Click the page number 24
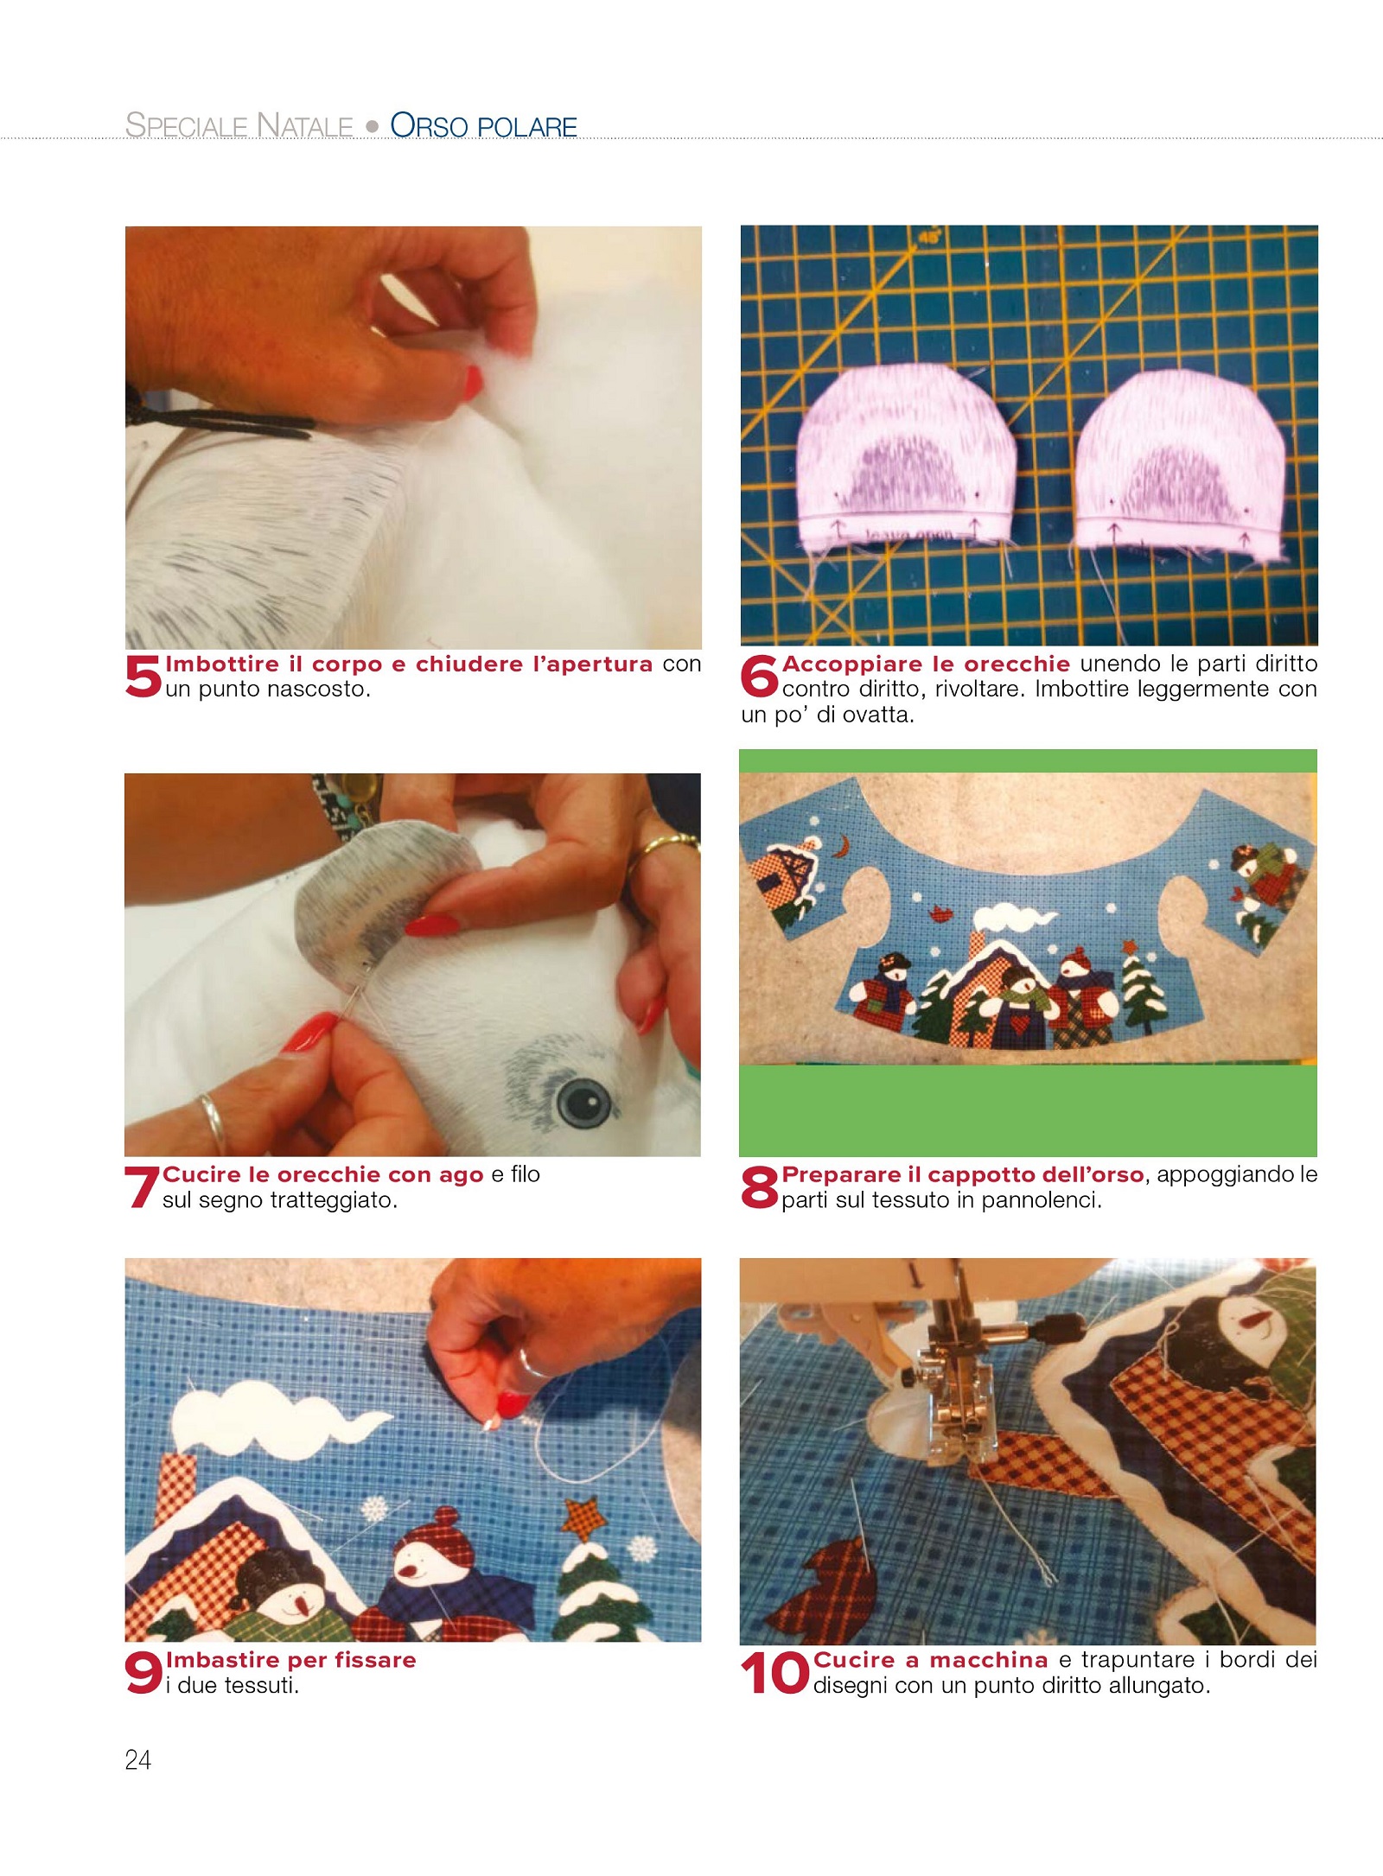[x=138, y=1760]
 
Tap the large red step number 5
[x=143, y=676]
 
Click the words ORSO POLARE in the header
[x=484, y=125]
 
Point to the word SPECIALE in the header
[x=187, y=125]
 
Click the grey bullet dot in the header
[x=373, y=126]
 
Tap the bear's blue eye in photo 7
[x=584, y=1100]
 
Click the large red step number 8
[x=760, y=1186]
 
